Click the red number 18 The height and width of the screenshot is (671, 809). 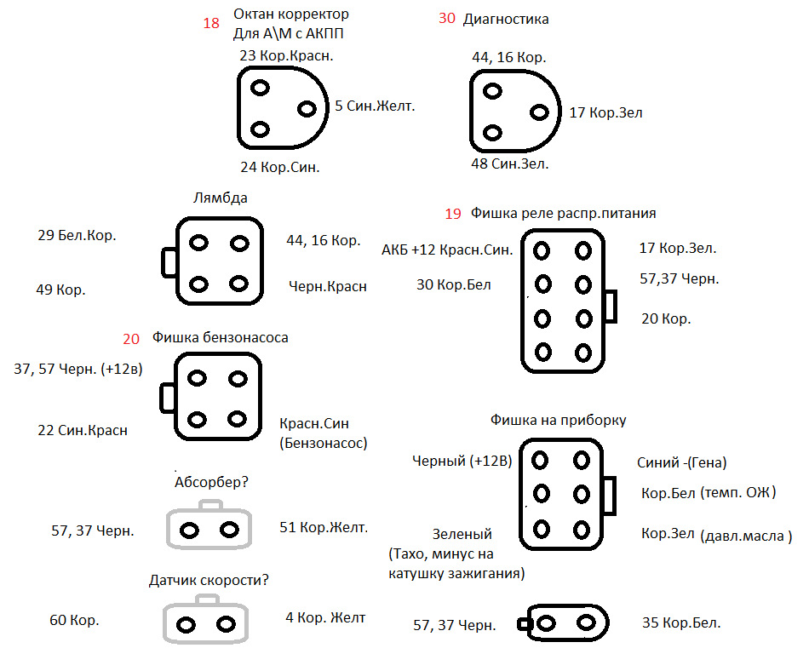(211, 23)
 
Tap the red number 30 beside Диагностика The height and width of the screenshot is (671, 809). (447, 18)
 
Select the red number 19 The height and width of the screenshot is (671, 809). (453, 214)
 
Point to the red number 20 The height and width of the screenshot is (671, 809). (131, 339)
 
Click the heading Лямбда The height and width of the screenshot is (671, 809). (221, 198)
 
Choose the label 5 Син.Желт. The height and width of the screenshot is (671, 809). (375, 106)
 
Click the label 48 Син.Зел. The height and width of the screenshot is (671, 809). (510, 164)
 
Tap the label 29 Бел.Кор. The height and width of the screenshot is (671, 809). (77, 235)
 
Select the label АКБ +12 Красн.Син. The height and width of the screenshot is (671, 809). (447, 250)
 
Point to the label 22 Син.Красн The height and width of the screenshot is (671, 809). (83, 430)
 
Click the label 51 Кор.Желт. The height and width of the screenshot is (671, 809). (324, 527)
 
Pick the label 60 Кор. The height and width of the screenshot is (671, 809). (74, 620)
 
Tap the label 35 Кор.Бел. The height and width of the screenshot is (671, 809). (681, 622)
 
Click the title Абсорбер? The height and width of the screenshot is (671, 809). (211, 482)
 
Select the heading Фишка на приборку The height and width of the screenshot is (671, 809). (559, 420)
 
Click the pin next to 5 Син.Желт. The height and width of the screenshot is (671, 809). (307, 109)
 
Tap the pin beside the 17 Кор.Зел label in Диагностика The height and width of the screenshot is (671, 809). (539, 112)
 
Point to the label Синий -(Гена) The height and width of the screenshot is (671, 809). (681, 462)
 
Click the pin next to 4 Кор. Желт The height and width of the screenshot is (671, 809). (226, 624)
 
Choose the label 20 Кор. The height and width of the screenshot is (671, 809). (666, 318)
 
